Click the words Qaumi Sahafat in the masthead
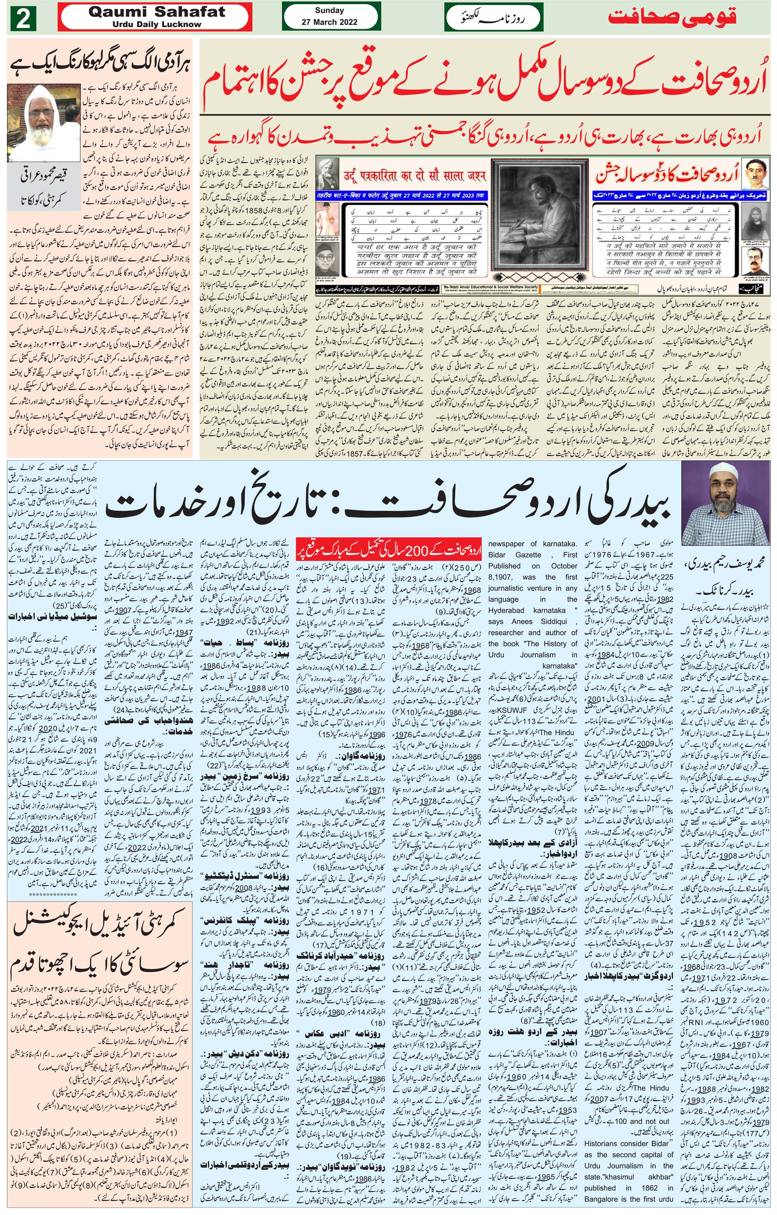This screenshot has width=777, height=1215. [156, 12]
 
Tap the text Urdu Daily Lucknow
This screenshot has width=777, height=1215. [156, 24]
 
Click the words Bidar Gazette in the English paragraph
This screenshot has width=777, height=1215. [507, 555]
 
